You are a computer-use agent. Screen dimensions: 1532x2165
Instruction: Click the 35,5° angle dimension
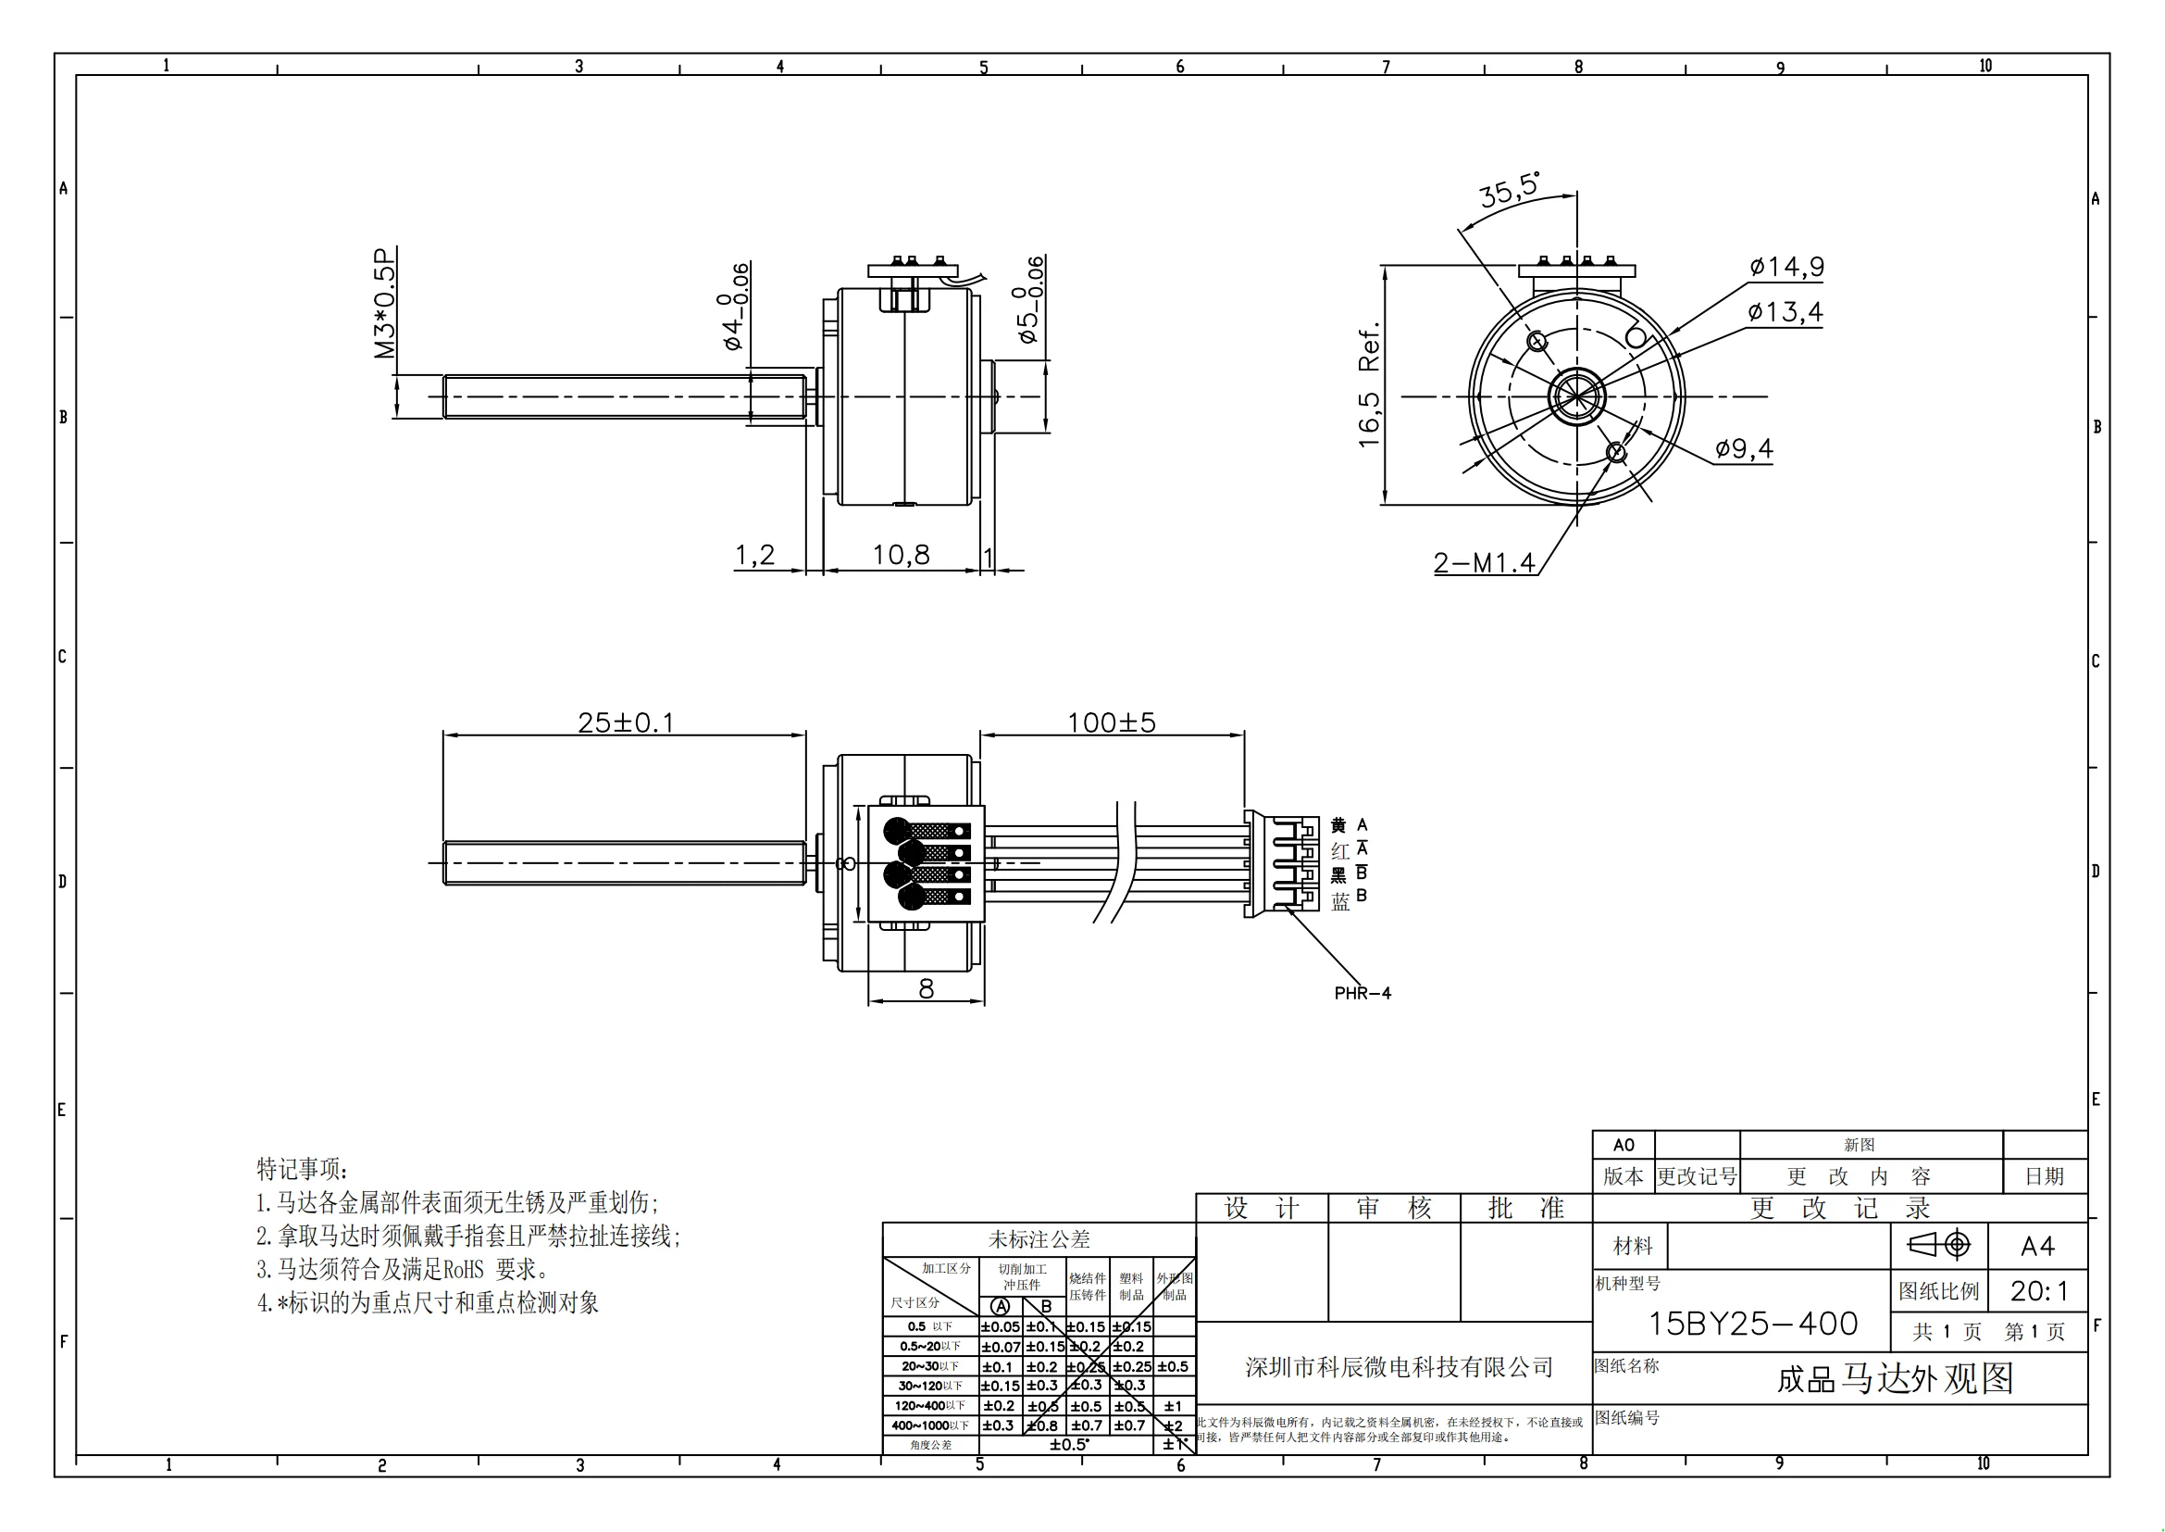click(x=1508, y=192)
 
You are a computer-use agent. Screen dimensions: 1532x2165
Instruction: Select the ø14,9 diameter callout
click(x=1786, y=267)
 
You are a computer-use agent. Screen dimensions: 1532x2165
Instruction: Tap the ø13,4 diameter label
click(x=1784, y=312)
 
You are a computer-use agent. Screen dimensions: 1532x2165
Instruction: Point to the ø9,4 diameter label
click(x=1744, y=449)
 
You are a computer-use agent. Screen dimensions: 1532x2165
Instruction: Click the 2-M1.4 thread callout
click(x=1483, y=563)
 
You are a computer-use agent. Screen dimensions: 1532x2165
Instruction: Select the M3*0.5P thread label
click(x=385, y=303)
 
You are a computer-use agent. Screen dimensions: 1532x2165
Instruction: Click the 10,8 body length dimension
click(x=901, y=555)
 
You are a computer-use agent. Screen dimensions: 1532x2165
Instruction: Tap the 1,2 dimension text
click(x=754, y=555)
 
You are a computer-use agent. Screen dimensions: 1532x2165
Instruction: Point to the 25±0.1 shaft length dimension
click(x=625, y=722)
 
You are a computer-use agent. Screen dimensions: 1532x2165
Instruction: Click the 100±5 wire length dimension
click(x=1111, y=722)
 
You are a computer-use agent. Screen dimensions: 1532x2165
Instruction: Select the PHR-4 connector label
click(x=1362, y=993)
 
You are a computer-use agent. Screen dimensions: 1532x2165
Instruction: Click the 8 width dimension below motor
click(x=926, y=988)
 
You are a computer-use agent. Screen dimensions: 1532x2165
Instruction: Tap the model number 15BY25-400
click(x=1752, y=1324)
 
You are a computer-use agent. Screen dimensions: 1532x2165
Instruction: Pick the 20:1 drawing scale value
click(x=2037, y=1290)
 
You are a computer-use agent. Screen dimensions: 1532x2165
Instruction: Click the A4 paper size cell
click(x=2036, y=1246)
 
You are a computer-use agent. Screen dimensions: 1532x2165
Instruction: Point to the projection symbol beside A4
click(x=1939, y=1245)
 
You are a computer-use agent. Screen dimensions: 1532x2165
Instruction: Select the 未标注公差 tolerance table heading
click(x=1039, y=1238)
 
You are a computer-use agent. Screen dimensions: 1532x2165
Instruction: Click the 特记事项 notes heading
click(x=302, y=1169)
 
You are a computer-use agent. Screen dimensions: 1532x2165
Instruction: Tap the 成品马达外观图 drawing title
click(x=1895, y=1379)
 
